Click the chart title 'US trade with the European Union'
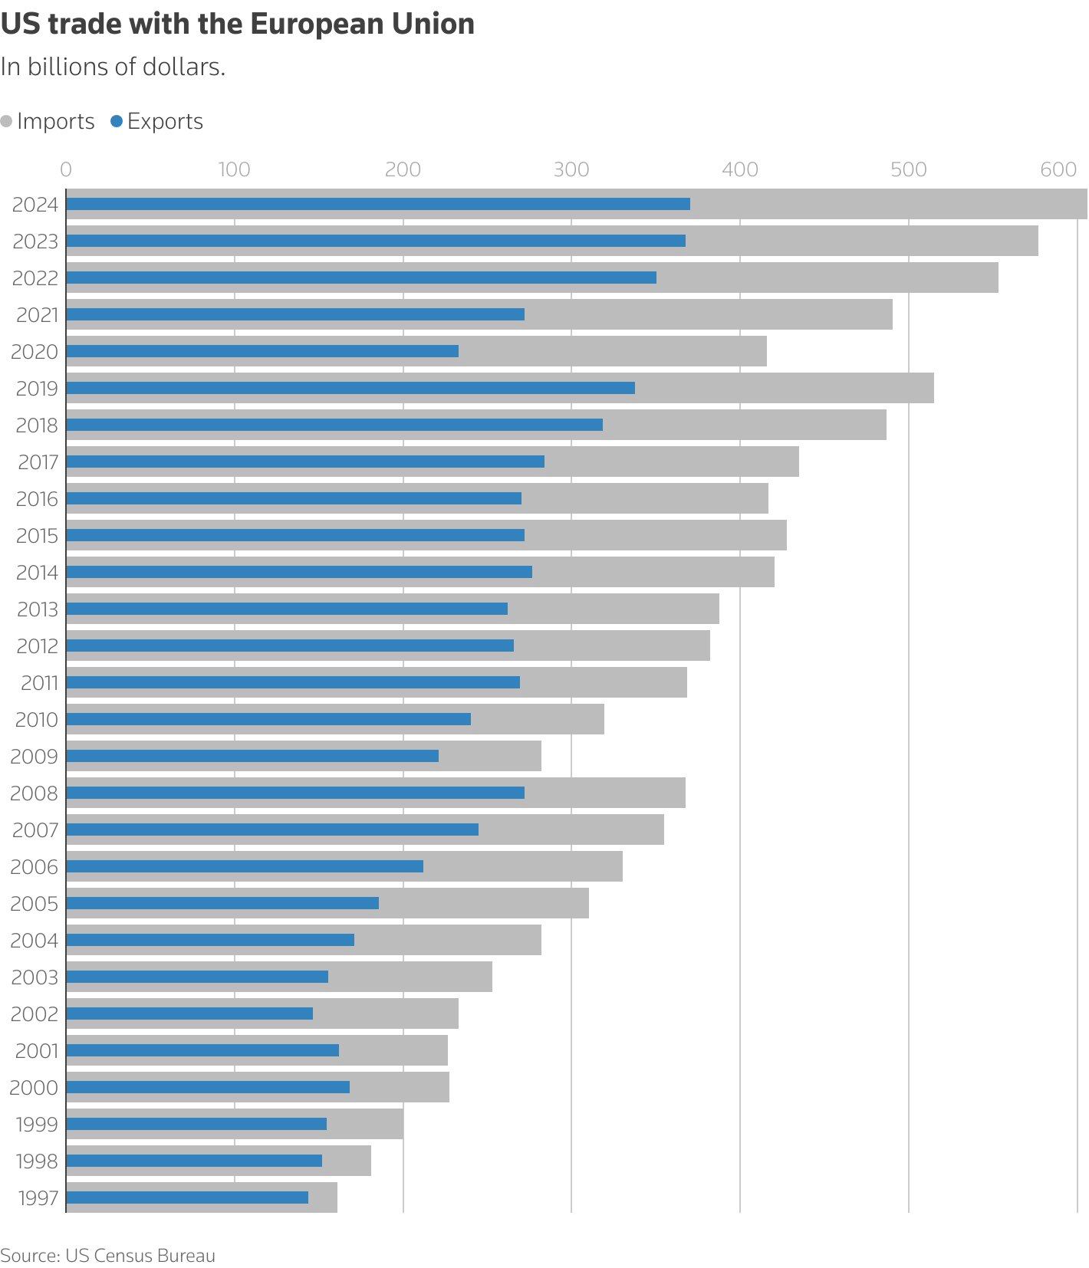(238, 25)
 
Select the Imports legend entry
(48, 121)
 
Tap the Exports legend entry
(157, 121)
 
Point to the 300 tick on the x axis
(571, 169)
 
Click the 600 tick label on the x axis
(1059, 169)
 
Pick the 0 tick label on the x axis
(66, 169)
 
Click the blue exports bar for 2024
(378, 204)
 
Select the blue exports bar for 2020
(262, 351)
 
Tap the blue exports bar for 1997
(187, 1197)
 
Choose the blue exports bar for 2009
(252, 756)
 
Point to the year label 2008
(35, 793)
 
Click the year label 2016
(37, 499)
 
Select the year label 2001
(37, 1051)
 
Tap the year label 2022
(35, 278)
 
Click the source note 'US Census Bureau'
(140, 1256)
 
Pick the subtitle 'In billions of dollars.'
(113, 67)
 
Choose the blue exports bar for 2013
(287, 609)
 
